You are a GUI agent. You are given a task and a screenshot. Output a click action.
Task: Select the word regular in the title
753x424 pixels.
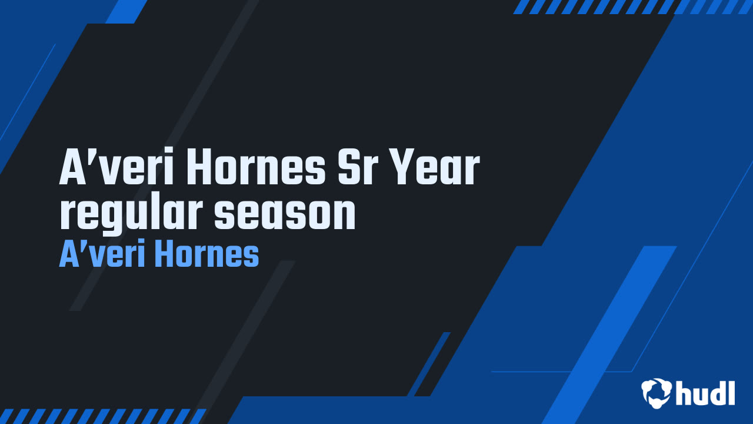coord(131,214)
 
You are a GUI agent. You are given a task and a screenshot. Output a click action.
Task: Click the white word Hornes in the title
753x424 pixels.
coord(256,166)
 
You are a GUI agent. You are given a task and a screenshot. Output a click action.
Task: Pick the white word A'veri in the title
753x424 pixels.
coord(116,166)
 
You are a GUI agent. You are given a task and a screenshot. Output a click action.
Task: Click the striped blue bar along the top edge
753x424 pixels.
coord(632,6)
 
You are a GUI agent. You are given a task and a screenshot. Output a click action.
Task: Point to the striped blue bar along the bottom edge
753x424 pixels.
coord(102,416)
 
